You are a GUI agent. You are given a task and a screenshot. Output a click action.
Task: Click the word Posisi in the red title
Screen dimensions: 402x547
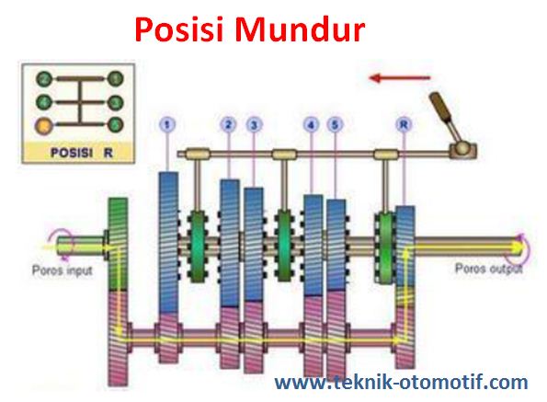[178, 29]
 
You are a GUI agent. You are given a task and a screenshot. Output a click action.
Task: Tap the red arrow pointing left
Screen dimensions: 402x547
[399, 77]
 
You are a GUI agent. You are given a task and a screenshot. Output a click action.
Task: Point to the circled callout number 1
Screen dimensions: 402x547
[166, 122]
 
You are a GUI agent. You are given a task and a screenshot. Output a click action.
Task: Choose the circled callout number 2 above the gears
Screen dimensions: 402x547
[228, 122]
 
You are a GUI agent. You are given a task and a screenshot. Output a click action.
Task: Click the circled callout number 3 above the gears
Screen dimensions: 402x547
[253, 122]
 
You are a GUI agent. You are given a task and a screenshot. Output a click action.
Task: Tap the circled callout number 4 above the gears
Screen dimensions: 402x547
[312, 122]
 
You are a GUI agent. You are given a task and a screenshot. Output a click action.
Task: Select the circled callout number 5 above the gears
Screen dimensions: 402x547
[336, 122]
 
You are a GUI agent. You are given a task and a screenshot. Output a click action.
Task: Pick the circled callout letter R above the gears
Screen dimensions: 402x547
[403, 122]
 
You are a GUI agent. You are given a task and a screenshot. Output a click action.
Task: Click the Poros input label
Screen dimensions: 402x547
[62, 271]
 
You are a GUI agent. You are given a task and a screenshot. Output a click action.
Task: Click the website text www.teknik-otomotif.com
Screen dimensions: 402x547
[402, 382]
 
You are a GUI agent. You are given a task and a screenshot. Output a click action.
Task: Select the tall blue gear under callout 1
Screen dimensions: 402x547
[167, 230]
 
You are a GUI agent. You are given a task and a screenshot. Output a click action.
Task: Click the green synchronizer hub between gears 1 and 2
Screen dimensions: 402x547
[198, 247]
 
